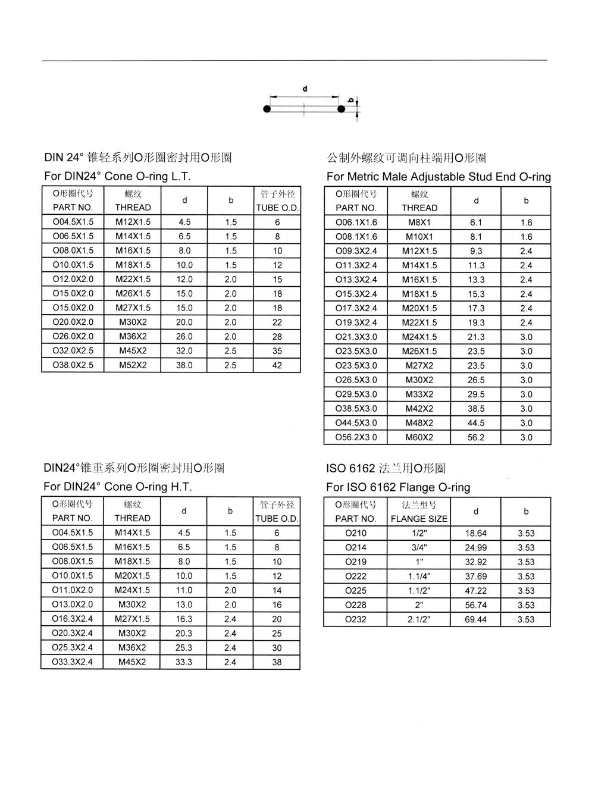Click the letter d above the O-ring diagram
coord(305,89)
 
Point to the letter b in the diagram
coord(351,100)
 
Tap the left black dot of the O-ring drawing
coord(267,109)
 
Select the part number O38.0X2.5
coord(73,365)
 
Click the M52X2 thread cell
coord(133,365)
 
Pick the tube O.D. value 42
coord(277,365)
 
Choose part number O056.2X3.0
coord(356,437)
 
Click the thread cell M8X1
coord(419,222)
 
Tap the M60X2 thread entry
coord(419,437)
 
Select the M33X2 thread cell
coord(419,394)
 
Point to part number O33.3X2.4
coord(73,662)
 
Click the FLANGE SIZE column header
coord(419,518)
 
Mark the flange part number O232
coord(356,619)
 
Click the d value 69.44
coord(476,619)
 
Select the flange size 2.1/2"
coord(419,619)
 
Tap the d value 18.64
coord(476,533)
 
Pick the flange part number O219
coord(356,562)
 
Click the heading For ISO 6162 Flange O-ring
coord(398,487)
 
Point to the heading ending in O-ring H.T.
coord(118,487)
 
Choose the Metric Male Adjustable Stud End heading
coord(439,177)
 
